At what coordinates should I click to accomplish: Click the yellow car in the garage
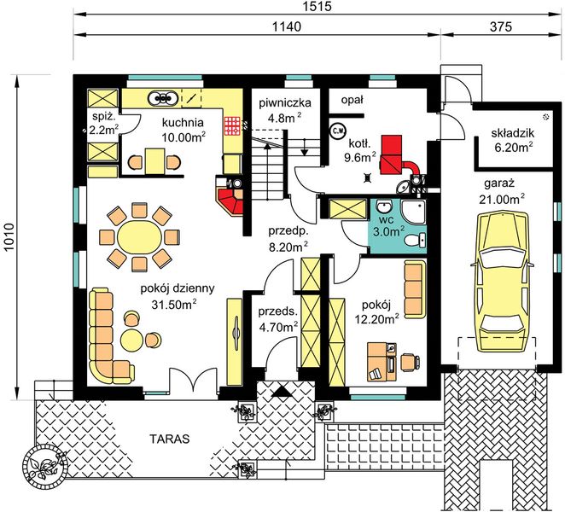[501, 282]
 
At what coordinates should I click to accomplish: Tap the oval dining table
[139, 237]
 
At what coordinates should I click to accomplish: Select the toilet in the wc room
[415, 240]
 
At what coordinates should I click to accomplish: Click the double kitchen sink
[163, 97]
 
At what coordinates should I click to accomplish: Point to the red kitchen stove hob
[231, 125]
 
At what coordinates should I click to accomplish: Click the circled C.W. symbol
[338, 130]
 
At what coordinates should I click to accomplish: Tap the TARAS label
[170, 439]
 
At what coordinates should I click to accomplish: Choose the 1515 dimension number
[317, 6]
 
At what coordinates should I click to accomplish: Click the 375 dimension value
[501, 26]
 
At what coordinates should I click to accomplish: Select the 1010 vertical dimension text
[9, 237]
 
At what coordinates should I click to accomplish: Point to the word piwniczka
[285, 103]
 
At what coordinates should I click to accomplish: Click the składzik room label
[513, 133]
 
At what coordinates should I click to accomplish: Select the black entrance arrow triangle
[282, 391]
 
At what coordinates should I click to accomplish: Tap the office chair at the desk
[410, 362]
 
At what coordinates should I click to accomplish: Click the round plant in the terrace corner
[45, 467]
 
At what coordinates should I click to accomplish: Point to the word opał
[352, 101]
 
